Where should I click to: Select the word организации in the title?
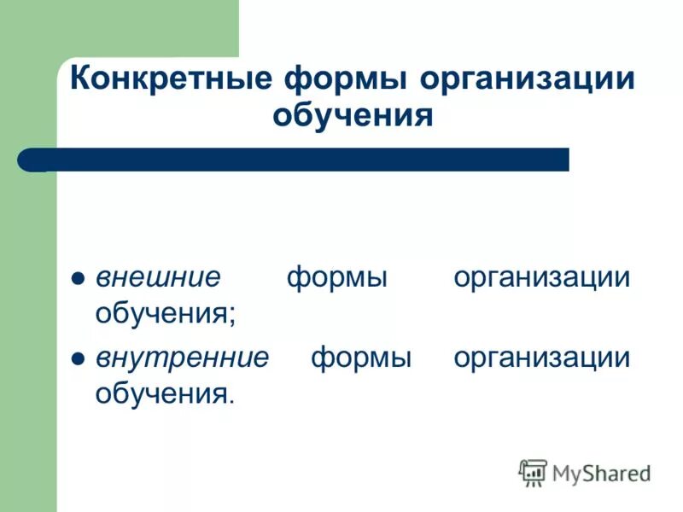click(528, 79)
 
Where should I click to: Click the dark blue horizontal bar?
click(307, 160)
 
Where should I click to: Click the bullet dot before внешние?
click(76, 279)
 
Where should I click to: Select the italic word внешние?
click(158, 278)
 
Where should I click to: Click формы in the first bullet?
click(336, 278)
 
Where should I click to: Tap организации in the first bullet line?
click(542, 278)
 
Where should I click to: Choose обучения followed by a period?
click(161, 393)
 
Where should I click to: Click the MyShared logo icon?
click(533, 472)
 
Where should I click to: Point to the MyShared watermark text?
click(601, 472)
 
